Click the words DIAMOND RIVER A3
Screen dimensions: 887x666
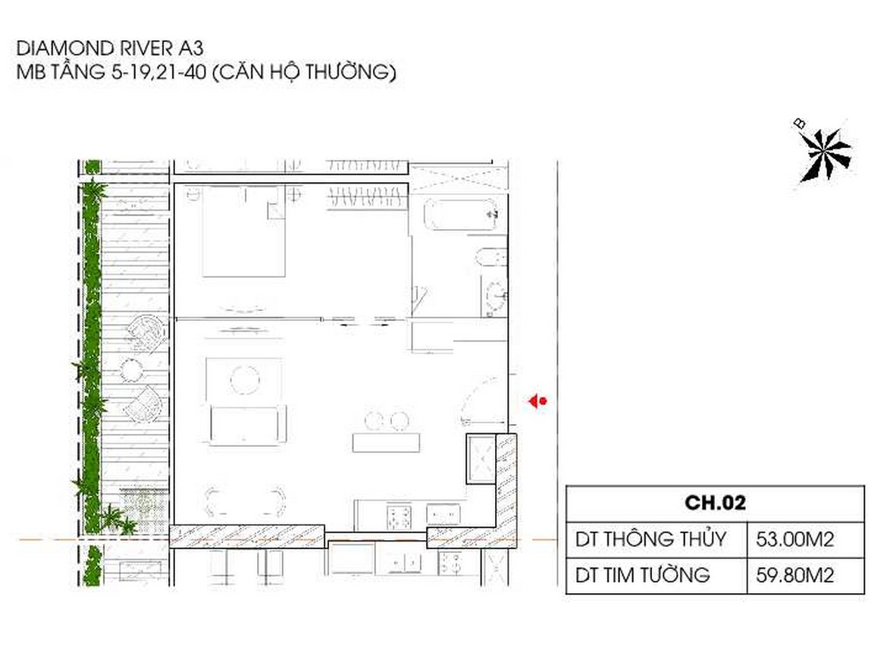(x=110, y=48)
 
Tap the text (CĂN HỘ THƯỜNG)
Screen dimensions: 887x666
(x=304, y=72)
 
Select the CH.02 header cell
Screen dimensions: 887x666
(x=715, y=503)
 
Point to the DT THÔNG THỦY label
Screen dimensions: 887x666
(x=650, y=539)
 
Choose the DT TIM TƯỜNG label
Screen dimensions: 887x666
(x=643, y=575)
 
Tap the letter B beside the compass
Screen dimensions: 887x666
(x=799, y=124)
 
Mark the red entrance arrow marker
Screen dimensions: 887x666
(x=538, y=401)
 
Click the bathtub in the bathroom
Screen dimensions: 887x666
(x=460, y=215)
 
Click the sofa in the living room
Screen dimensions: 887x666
(x=248, y=424)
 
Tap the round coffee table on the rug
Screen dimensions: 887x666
(x=245, y=379)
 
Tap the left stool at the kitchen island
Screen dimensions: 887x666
(x=375, y=421)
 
